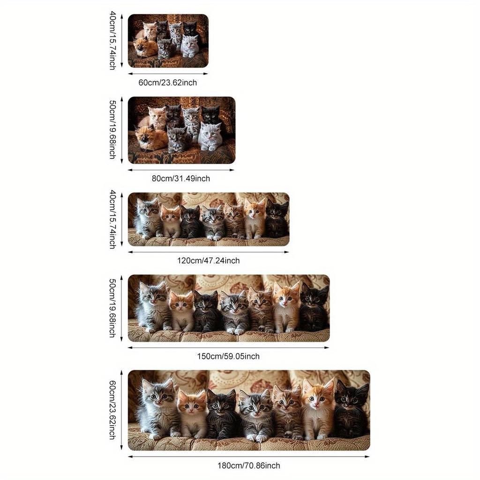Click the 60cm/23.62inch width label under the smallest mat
[x=167, y=82]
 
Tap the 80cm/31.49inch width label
[x=180, y=178]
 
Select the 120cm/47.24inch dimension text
[x=209, y=261]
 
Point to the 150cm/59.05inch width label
[x=228, y=356]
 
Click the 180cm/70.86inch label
[x=248, y=465]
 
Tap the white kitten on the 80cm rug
[x=210, y=136]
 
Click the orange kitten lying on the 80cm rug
[x=150, y=137]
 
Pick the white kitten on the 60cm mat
[x=190, y=46]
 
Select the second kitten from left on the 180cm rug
[x=192, y=412]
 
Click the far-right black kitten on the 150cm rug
[x=314, y=307]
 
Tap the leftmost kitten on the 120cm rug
[x=147, y=218]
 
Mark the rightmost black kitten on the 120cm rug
[x=277, y=219]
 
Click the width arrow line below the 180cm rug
[x=248, y=456]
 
